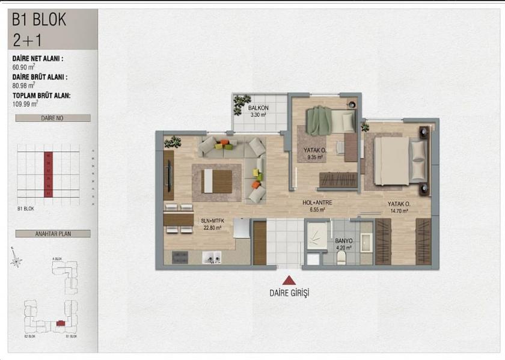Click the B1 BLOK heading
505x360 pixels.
(40, 19)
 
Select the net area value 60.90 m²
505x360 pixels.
(25, 67)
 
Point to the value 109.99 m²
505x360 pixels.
(26, 103)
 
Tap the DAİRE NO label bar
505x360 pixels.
(52, 118)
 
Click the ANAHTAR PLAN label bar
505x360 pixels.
(52, 234)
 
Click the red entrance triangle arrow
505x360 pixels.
(289, 280)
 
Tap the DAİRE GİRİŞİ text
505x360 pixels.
(289, 293)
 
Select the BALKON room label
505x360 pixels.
(258, 109)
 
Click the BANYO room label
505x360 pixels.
(344, 242)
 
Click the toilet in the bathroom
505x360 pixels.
(341, 257)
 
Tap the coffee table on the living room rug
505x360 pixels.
(217, 180)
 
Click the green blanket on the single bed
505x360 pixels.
(318, 120)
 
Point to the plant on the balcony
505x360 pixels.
(242, 101)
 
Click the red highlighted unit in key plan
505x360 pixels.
(61, 324)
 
